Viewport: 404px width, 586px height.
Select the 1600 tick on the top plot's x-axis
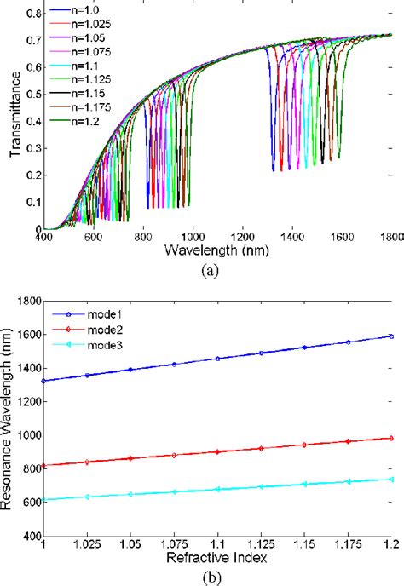341,238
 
